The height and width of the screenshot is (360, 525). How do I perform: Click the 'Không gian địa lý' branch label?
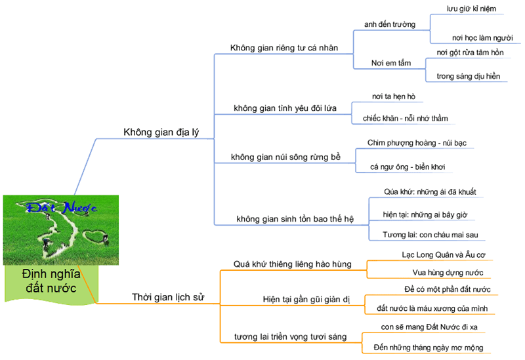pos(160,132)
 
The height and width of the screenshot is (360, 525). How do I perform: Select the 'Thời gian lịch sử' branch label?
pos(168,297)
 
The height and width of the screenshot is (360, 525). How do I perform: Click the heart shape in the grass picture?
pos(96,235)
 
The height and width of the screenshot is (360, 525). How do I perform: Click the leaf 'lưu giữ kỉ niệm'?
pos(471,9)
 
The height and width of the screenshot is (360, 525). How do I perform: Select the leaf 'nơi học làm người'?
pos(477,38)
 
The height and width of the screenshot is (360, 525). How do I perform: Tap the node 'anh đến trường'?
pos(389,24)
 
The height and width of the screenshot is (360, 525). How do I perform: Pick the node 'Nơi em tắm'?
pos(391,63)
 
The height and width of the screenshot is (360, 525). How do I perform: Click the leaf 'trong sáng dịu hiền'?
pos(468,76)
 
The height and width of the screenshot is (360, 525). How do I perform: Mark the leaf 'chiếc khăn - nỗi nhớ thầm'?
pos(405,119)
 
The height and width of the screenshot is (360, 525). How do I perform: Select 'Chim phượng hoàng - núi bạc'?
pos(417,142)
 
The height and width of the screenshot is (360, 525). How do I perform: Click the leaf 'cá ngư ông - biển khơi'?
pos(407,167)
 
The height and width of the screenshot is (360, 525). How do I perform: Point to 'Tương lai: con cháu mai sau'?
pos(430,234)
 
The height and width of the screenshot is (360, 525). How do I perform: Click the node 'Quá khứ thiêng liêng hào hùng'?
pos(292,264)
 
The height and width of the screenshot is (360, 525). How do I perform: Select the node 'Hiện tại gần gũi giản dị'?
pos(306,300)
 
